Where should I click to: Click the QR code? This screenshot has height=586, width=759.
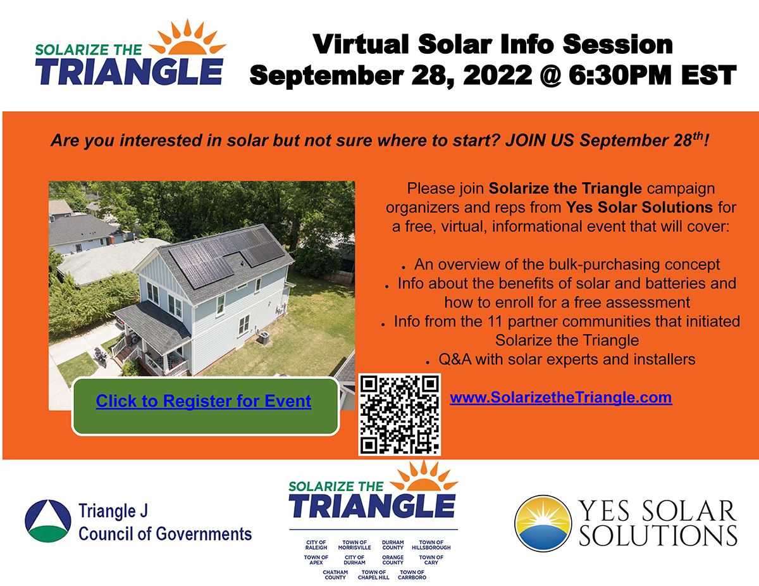[400, 415]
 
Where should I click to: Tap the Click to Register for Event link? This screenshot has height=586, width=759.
[204, 401]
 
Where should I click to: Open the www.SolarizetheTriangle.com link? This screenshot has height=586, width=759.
[560, 398]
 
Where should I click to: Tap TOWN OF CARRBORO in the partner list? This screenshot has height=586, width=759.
[412, 575]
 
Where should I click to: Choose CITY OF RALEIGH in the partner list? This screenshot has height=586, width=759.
[316, 545]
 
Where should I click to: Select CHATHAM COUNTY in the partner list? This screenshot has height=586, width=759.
[335, 575]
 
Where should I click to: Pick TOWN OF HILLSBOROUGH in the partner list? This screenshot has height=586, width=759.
[431, 545]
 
